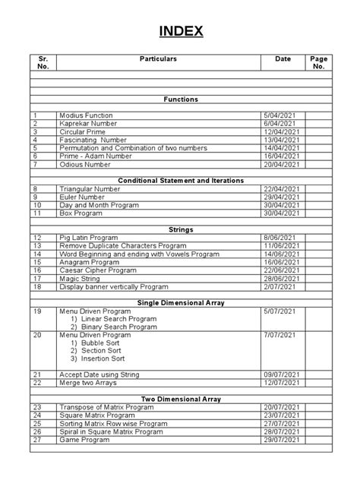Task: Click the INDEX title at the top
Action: [180, 31]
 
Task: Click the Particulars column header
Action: [158, 58]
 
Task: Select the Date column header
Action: [283, 58]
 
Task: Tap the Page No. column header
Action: [317, 62]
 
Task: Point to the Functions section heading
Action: [180, 99]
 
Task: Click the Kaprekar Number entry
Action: [87, 123]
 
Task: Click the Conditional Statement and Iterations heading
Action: [180, 180]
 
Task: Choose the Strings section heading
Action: [180, 229]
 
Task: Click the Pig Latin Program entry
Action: [90, 238]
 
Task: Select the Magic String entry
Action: [81, 279]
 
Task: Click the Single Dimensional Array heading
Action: [180, 302]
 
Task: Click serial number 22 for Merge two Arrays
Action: [36, 383]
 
